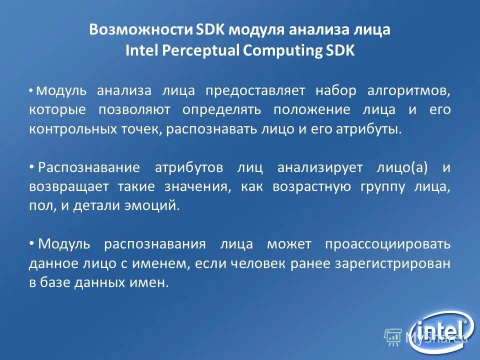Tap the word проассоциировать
click(387, 244)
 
